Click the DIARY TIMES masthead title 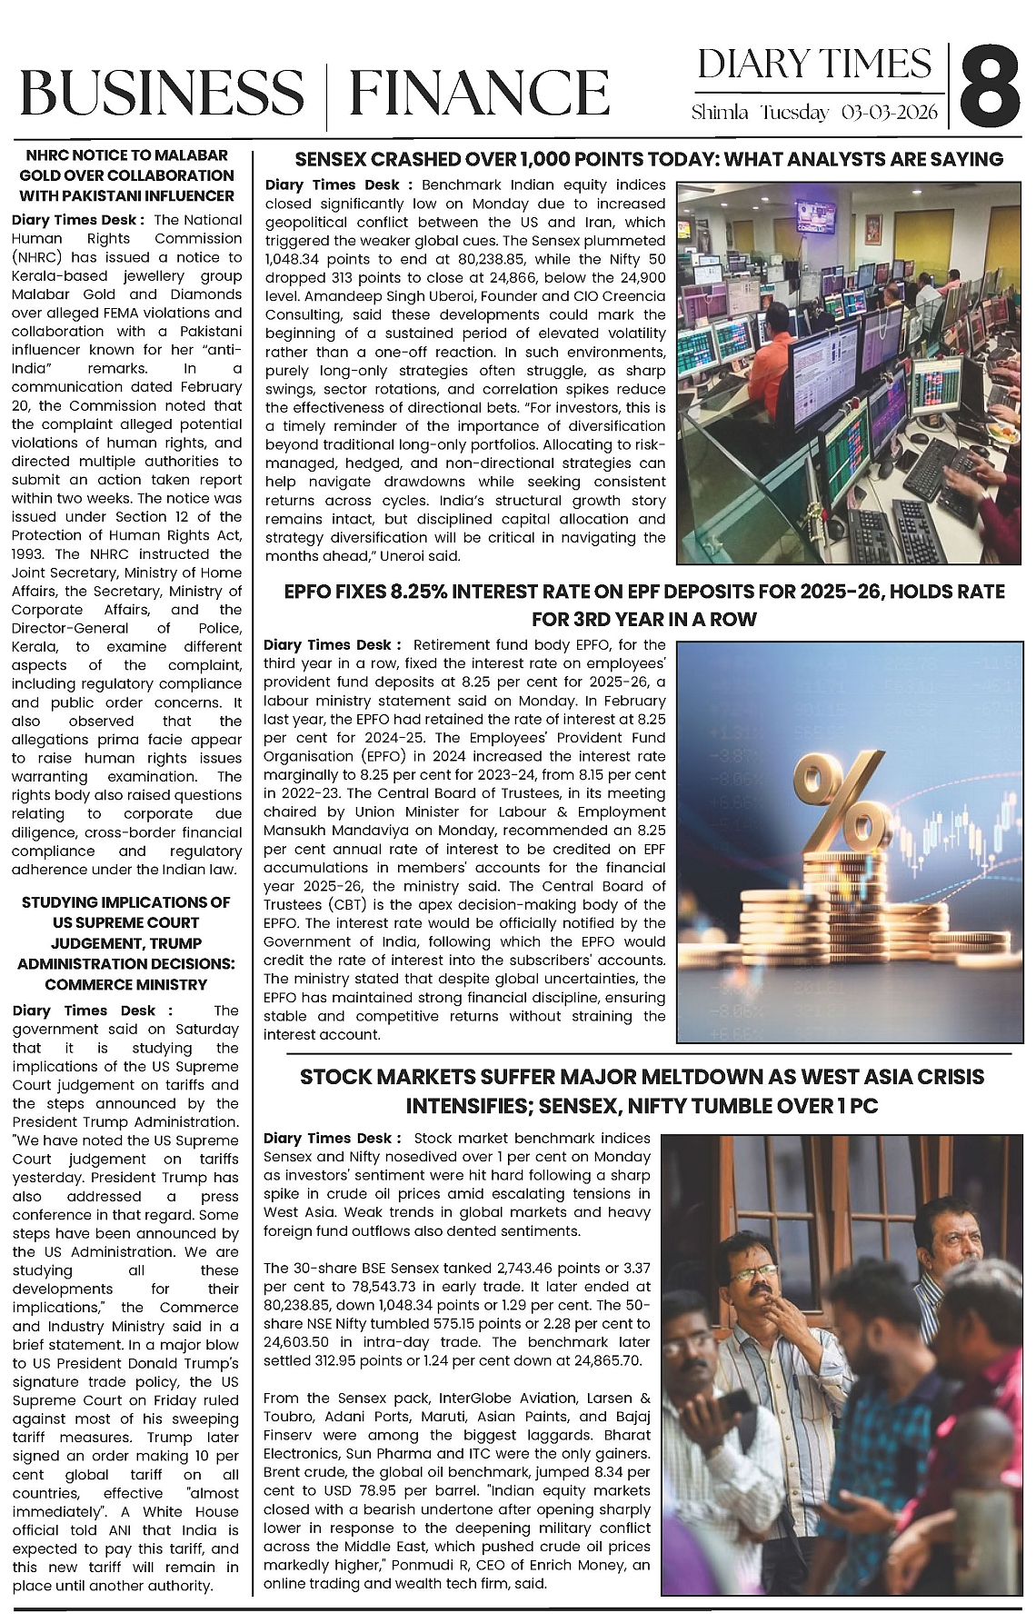[x=814, y=65]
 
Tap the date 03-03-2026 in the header [x=890, y=113]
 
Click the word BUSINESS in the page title [x=162, y=94]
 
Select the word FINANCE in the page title [x=479, y=94]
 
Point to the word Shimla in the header [x=720, y=113]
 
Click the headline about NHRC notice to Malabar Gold [x=127, y=175]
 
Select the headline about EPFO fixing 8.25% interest [x=644, y=605]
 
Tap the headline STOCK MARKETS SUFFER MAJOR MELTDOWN [x=642, y=1091]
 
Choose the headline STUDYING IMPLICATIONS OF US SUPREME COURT [x=126, y=943]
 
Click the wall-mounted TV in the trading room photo [x=816, y=215]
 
